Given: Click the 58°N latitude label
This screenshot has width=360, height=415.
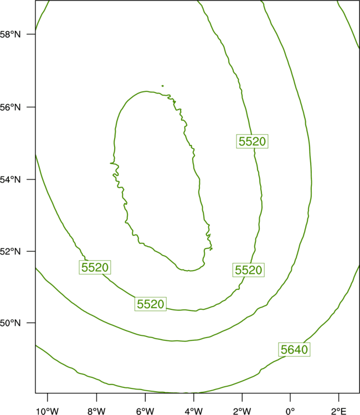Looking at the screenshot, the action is point(10,34).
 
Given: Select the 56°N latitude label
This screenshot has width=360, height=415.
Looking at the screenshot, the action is point(10,107).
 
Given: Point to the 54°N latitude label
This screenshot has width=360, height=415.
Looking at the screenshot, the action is point(10,180).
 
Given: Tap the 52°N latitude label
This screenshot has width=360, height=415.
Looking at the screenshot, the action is point(10,251).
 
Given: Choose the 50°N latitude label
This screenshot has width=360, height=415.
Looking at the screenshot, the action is point(10,323).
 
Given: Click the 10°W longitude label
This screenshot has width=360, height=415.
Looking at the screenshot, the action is point(48,411).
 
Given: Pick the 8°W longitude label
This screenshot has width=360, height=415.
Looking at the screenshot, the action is point(96,411).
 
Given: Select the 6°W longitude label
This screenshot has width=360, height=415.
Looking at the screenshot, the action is point(145,411).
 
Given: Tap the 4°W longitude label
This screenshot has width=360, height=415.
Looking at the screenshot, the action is point(194,411).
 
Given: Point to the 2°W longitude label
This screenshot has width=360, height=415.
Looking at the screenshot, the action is point(242,411).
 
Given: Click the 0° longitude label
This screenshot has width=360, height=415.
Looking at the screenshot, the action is point(290,411).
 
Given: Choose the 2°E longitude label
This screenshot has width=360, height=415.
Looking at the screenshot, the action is point(338,411).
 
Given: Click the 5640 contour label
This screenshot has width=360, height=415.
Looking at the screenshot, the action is point(294,350).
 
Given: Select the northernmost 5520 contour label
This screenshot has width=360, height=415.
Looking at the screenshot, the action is point(252,141).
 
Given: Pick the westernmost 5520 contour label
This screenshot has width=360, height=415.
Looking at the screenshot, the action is point(95,267).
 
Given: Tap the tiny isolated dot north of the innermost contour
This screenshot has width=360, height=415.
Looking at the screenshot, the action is point(163,86).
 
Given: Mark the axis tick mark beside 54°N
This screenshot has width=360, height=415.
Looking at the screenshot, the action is point(31,179).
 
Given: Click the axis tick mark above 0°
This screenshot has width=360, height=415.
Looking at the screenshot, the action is point(290,397).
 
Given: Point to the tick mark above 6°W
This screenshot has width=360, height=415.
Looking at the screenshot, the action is point(145,397).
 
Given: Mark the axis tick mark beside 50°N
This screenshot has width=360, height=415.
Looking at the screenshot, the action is point(31,323).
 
